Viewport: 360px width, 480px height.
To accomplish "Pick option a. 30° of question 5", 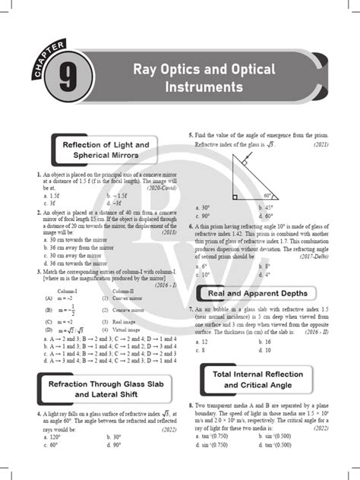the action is (202, 207).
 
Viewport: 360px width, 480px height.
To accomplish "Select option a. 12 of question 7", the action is (202, 342).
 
